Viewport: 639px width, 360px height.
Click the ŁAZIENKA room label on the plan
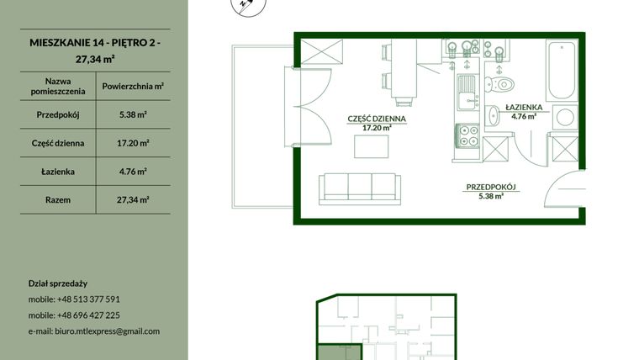coord(524,107)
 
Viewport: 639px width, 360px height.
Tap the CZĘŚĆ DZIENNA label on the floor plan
coord(377,119)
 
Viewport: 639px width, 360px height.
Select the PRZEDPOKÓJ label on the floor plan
coord(491,187)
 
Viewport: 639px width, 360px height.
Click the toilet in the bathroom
coord(499,84)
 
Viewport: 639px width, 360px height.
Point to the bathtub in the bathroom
coord(562,70)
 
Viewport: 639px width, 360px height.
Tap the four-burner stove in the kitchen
coord(467,135)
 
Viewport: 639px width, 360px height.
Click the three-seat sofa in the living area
coord(360,188)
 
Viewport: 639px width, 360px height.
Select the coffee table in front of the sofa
coord(372,146)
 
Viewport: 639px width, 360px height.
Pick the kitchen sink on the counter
coord(467,93)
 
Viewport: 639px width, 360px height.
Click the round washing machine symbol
coord(565,118)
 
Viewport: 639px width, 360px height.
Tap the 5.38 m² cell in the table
coord(133,114)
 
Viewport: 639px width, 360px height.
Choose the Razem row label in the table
coord(58,200)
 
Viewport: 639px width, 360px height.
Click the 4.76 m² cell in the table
coord(133,172)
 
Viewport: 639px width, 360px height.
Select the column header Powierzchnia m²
coord(133,86)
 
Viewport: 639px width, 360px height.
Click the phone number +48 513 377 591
coord(88,299)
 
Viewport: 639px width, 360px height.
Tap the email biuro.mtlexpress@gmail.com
coord(107,331)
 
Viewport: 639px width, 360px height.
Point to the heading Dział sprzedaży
coord(58,283)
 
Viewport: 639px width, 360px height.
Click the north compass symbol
coord(248,5)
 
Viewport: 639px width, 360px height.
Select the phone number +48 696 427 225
coord(88,315)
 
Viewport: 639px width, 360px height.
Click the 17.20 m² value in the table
coord(133,143)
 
